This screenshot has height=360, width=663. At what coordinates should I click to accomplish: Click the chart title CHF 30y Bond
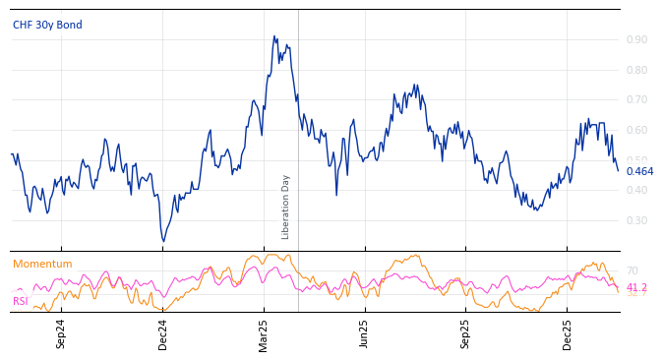pos(47,25)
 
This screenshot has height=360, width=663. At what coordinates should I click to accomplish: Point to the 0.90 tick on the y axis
pos(636,39)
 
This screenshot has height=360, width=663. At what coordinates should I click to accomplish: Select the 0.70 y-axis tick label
pos(636,99)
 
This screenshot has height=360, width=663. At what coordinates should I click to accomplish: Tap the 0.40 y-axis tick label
pos(636,190)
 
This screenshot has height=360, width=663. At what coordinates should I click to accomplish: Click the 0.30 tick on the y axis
pos(636,220)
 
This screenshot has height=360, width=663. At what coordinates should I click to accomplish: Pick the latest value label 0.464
pos(639,171)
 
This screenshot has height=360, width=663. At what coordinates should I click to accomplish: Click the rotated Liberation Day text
pos(286,207)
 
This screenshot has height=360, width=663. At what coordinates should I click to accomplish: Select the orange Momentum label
pos(42,264)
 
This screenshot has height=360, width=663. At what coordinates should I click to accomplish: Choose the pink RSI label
pos(21,301)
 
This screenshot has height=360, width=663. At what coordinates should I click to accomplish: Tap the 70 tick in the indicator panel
pos(632,270)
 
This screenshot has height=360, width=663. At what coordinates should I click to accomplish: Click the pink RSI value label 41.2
pos(636,287)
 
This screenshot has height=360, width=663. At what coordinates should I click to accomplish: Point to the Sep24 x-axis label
pos(61,334)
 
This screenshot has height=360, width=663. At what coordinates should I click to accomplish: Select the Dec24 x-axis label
pos(163,334)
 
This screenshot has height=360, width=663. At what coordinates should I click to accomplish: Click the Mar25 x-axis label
pos(264,334)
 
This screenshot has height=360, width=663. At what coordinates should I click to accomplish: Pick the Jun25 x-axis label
pos(365,334)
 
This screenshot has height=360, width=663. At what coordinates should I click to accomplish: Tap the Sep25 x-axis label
pos(466,334)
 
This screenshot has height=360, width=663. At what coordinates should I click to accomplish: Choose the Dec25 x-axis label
pos(568,334)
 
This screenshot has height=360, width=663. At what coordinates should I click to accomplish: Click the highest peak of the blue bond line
pos(273,36)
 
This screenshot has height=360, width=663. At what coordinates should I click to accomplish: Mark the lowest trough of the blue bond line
pos(163,241)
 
